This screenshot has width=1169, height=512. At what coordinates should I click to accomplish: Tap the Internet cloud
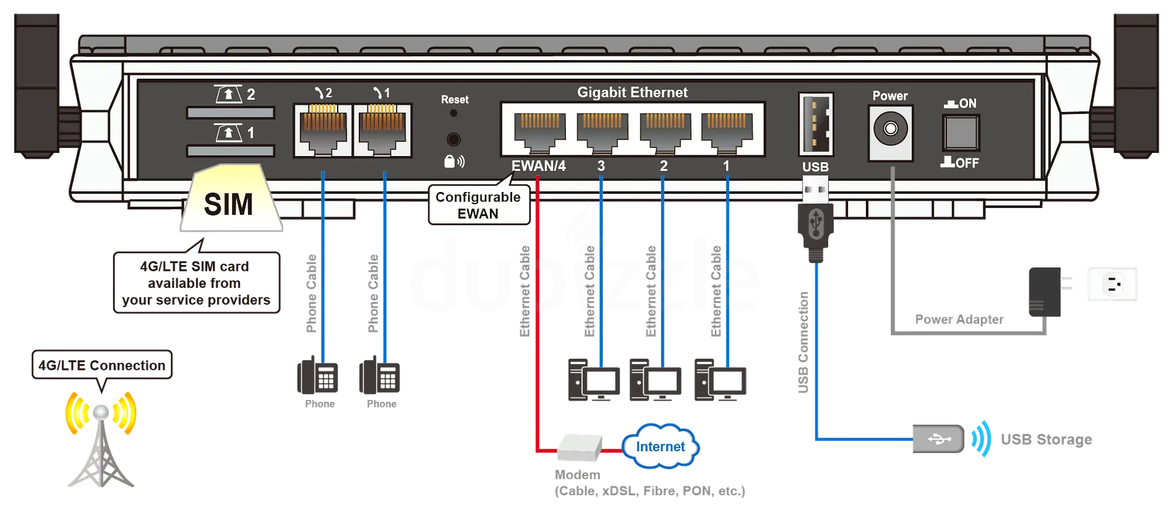point(661,447)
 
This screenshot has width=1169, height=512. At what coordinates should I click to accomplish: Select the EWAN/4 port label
point(538,166)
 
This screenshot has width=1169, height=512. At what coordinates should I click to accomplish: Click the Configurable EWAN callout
point(478,205)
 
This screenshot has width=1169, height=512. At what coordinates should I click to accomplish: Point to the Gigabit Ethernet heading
point(632,93)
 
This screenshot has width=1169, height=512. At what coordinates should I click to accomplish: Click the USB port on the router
point(815,124)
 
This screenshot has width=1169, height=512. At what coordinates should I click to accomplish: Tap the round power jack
point(890,129)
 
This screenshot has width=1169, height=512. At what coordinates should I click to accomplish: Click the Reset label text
point(455,100)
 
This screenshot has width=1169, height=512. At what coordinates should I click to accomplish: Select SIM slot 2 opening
point(230,113)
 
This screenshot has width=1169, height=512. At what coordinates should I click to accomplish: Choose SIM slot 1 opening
point(230,151)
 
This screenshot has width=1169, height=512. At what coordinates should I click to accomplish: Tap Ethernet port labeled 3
point(602,131)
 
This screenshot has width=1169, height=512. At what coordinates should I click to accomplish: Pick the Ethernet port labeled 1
point(727,131)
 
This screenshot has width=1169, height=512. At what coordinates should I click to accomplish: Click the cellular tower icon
point(100,442)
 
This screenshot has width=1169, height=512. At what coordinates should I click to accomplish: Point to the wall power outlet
point(1113,285)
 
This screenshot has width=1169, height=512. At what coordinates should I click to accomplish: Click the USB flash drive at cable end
point(938,438)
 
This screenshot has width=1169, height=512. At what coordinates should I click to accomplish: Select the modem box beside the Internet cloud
point(579,447)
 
